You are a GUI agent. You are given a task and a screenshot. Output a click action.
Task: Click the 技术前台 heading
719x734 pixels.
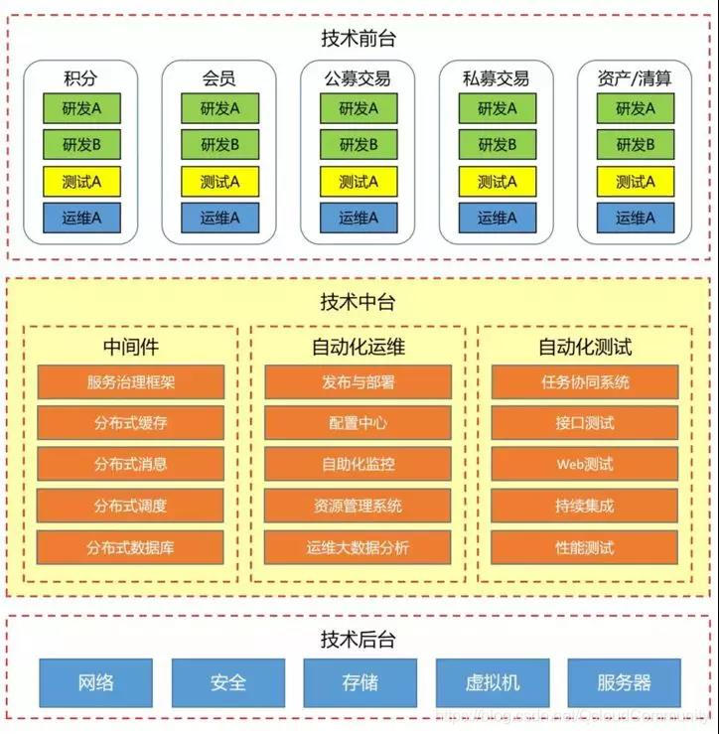(359, 39)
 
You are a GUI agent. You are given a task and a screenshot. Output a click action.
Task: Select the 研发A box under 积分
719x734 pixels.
(81, 108)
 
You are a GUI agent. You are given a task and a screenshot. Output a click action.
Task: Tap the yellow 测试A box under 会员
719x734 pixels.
(219, 182)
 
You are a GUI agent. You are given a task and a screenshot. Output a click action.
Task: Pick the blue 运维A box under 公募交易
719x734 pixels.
(359, 219)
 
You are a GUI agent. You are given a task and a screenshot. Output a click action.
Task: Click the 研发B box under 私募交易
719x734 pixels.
(497, 145)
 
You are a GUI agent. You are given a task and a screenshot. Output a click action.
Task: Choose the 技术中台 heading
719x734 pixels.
(359, 302)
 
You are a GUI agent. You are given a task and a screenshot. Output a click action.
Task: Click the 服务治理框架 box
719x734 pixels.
(131, 381)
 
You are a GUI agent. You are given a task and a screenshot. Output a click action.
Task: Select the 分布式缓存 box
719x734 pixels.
(131, 423)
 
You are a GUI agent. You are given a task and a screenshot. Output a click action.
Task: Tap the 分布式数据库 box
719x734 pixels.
(131, 547)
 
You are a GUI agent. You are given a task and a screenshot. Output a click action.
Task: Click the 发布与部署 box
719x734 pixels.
(358, 381)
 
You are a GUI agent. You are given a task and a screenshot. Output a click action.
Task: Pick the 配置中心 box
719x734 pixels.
(358, 423)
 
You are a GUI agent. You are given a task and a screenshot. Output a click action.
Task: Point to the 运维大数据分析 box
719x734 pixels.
(358, 547)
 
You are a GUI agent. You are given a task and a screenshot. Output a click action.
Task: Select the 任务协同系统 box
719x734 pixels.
(585, 381)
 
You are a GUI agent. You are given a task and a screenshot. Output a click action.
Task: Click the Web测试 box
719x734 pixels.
(585, 464)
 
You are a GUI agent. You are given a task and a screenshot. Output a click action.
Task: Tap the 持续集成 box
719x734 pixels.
(585, 506)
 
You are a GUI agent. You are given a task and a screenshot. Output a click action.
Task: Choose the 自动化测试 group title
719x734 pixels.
(585, 348)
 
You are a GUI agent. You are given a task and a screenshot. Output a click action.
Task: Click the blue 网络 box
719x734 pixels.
(95, 682)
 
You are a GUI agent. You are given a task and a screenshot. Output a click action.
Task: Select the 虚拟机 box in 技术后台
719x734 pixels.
(492, 682)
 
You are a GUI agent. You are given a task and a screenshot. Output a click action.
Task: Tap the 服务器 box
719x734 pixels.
(625, 682)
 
